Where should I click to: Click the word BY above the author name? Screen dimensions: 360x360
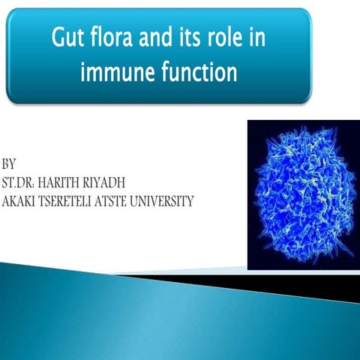click(9, 163)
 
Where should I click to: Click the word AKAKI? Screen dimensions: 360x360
click(20, 201)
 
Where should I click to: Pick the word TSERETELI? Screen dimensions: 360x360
click(72, 201)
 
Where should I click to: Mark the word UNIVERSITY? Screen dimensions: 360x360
click(169, 201)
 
